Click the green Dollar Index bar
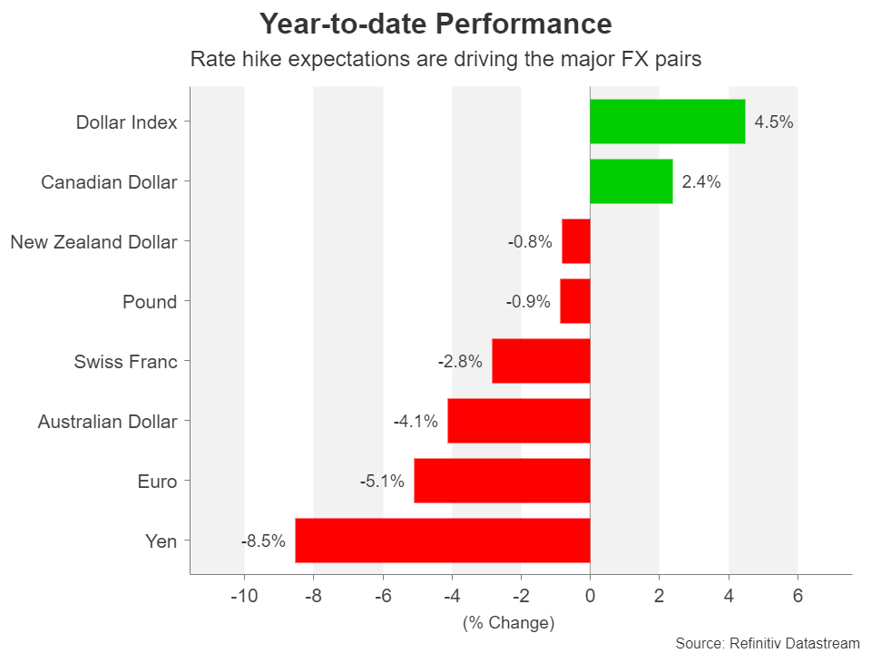[x=667, y=122]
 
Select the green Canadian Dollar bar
[x=631, y=181]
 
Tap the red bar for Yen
[x=443, y=541]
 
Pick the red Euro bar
[x=502, y=481]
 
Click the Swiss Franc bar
[x=541, y=361]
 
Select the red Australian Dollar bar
[x=518, y=421]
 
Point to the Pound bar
[x=575, y=301]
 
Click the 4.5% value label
[x=774, y=122]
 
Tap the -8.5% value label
[x=263, y=541]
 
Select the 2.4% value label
[x=701, y=182]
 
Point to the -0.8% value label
[x=530, y=242]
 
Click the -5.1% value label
[x=382, y=482]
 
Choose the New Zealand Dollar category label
[x=93, y=242]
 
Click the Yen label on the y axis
[x=161, y=541]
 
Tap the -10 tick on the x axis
[x=244, y=596]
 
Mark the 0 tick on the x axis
[x=590, y=596]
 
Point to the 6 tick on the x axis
[x=798, y=596]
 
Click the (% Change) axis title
[x=508, y=623]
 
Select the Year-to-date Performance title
[x=435, y=24]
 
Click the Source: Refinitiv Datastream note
[x=768, y=643]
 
